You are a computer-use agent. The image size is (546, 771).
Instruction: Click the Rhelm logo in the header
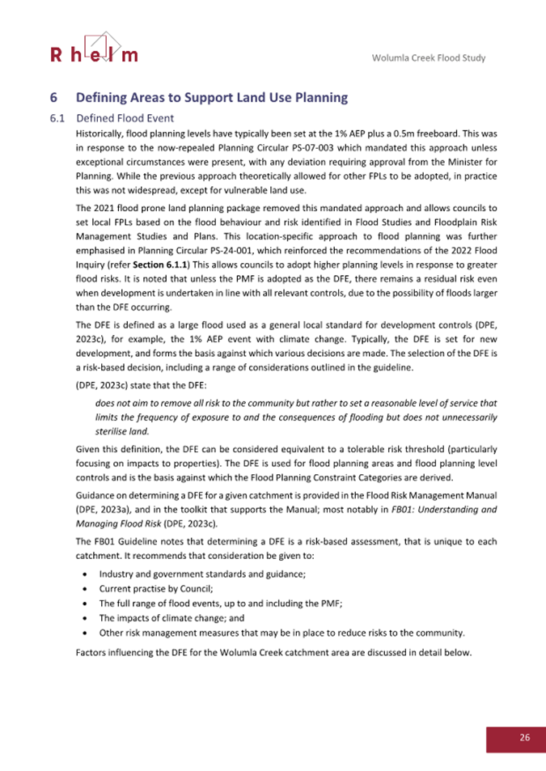click(94, 48)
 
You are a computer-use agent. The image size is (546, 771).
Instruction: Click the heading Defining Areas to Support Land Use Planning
click(211, 98)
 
